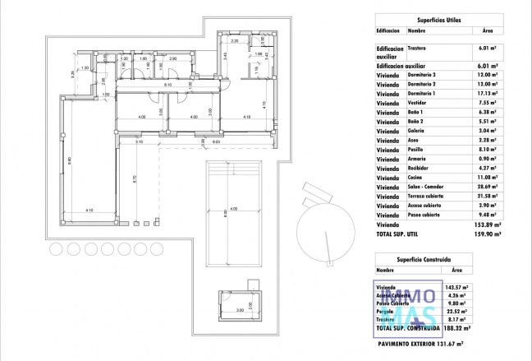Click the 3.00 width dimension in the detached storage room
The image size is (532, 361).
point(240,310)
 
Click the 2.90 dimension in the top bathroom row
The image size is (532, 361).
point(173,59)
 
